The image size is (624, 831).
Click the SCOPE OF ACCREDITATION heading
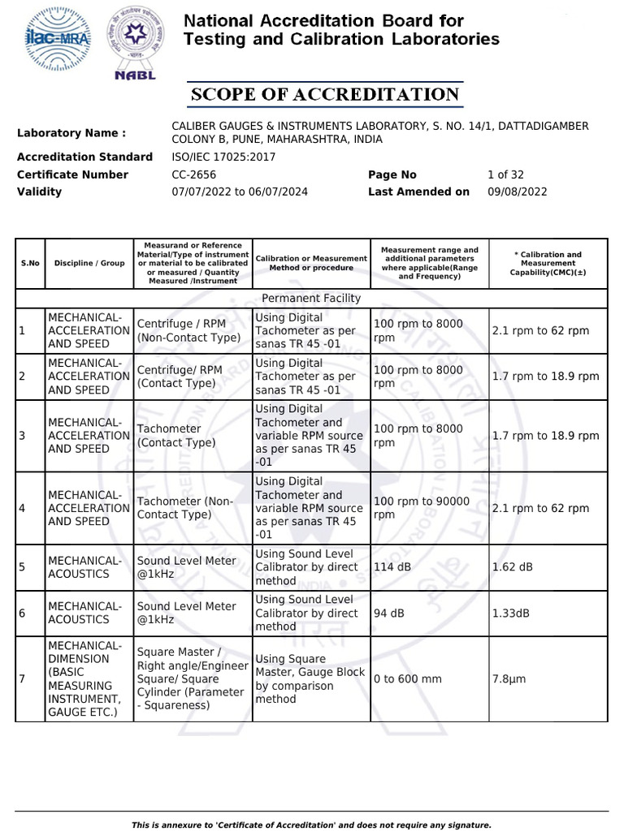point(325,94)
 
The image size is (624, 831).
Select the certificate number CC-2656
point(193,174)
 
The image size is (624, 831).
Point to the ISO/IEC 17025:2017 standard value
point(223,157)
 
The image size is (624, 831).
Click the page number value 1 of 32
point(505,174)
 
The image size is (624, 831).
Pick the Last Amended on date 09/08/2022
point(517,192)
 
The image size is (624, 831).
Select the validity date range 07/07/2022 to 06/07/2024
point(240,192)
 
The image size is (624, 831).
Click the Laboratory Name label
point(71,133)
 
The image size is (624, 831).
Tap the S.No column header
point(30,263)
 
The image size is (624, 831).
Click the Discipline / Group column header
point(89,263)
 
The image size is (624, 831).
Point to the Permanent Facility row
point(311,298)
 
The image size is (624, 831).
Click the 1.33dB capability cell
point(510,613)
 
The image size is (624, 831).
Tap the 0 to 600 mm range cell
point(407,678)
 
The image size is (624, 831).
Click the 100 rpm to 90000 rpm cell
point(421,508)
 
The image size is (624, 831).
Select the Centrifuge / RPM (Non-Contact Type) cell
point(188,330)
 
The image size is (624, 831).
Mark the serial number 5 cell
point(23,567)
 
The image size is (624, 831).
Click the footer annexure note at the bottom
point(311,825)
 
